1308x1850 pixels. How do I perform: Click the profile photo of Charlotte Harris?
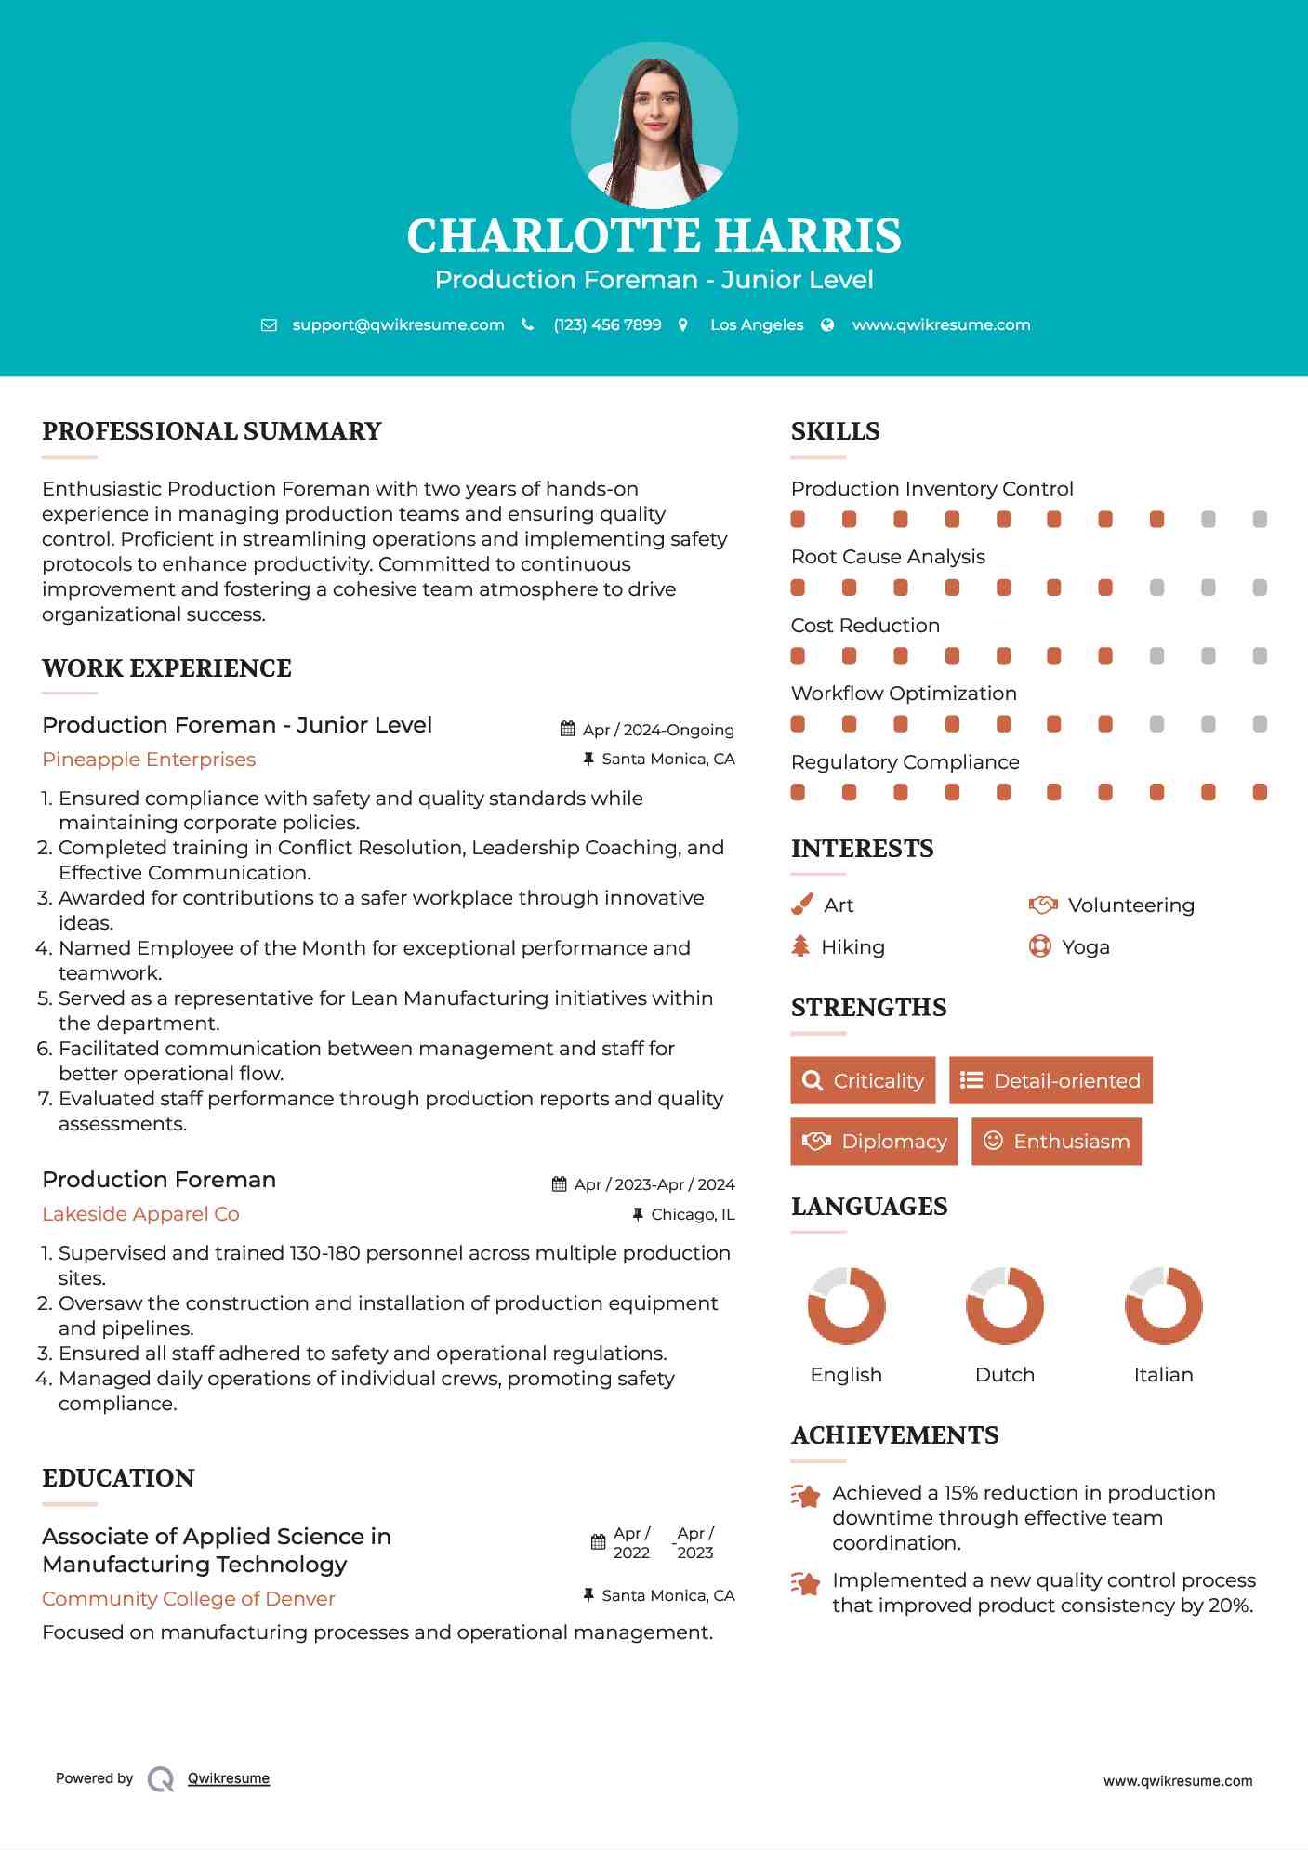coord(654,125)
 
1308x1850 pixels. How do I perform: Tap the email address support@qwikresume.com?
coord(398,324)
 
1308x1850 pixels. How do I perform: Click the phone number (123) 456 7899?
coord(607,324)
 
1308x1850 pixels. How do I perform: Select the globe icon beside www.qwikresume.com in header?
coord(827,324)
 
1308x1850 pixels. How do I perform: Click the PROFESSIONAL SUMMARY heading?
coord(212,431)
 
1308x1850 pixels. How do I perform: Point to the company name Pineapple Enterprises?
coord(149,760)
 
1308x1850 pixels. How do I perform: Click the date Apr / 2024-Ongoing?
coord(657,730)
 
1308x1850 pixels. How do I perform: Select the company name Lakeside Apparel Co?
coord(140,1214)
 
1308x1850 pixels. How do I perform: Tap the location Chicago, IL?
coord(693,1214)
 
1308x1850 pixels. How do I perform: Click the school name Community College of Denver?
coord(189,1599)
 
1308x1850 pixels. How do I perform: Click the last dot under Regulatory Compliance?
coord(1260,792)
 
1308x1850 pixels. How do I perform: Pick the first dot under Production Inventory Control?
coord(798,520)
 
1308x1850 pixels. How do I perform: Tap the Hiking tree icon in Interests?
coord(800,946)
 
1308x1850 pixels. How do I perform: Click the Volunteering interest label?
coord(1130,905)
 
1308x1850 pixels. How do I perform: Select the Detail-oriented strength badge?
coord(1050,1080)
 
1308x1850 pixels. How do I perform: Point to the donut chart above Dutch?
coord(1005,1305)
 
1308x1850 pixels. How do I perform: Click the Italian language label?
coord(1163,1375)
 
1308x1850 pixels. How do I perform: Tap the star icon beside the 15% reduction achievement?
coord(806,1496)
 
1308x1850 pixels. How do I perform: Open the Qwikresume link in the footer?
coord(229,1778)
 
